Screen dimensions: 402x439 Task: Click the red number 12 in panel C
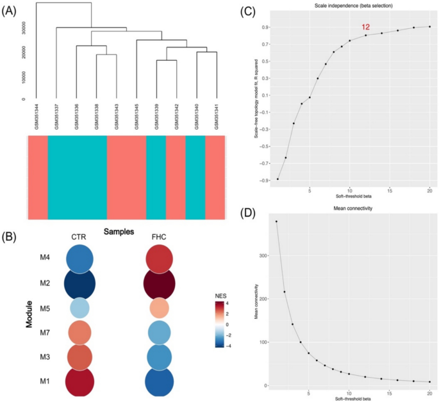tap(366, 27)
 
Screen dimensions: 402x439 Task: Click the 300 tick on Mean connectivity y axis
tap(263, 255)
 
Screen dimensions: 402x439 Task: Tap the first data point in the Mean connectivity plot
tap(277, 221)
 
